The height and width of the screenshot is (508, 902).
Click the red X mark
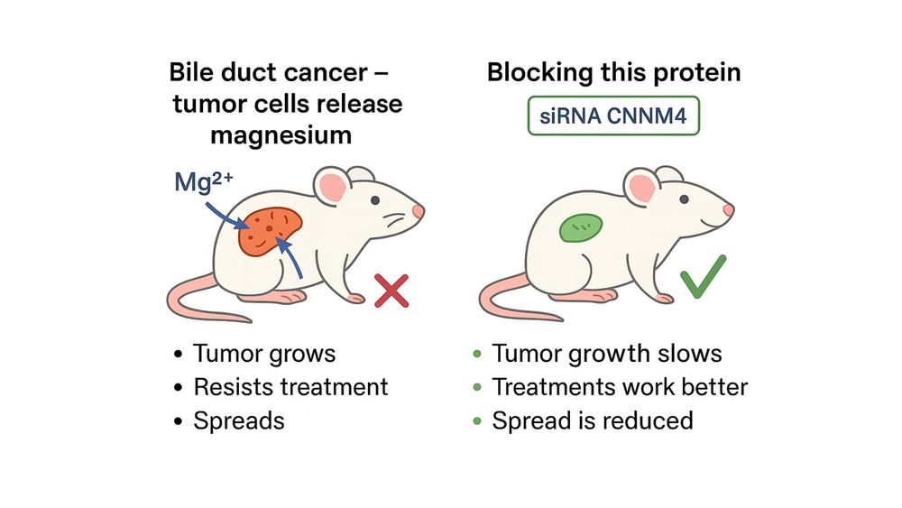(x=391, y=291)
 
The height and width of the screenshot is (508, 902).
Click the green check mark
(x=701, y=278)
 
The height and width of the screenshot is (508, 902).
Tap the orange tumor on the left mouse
(x=270, y=231)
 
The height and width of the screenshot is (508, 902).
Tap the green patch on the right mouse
(x=581, y=227)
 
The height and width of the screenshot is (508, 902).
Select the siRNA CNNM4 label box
(x=613, y=116)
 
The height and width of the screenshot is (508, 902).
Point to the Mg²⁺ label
(x=203, y=181)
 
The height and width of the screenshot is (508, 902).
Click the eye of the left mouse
(x=375, y=200)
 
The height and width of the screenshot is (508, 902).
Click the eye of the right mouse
(x=684, y=199)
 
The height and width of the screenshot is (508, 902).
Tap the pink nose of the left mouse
(x=419, y=211)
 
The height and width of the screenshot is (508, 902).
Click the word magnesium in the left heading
(x=281, y=135)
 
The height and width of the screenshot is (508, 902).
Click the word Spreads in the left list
(x=239, y=421)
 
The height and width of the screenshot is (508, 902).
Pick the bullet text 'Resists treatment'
(x=290, y=387)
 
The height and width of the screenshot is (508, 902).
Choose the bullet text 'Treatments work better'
(x=620, y=387)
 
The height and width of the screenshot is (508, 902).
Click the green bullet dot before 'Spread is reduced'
(x=477, y=421)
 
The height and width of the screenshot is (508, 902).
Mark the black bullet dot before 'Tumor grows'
(x=179, y=354)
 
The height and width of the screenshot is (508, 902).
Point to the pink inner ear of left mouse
(x=333, y=188)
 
